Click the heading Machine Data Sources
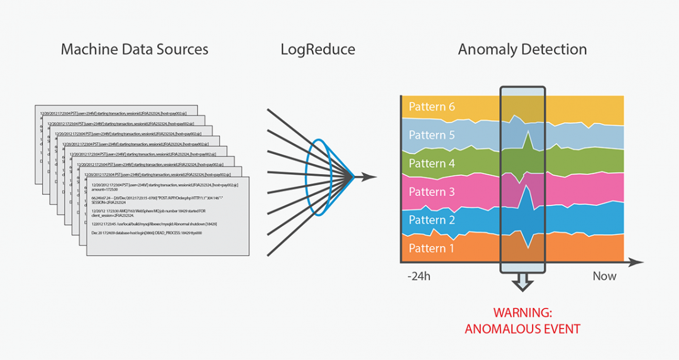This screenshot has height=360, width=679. tap(135, 49)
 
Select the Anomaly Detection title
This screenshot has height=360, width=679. tap(522, 49)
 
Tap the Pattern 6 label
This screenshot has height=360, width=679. tap(431, 107)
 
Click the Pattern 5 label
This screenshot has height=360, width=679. tap(431, 135)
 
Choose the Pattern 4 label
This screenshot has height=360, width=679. tap(431, 163)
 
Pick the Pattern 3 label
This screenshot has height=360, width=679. tap(431, 192)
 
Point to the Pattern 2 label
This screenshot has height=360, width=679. tap(431, 220)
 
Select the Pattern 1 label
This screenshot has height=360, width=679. tap(431, 248)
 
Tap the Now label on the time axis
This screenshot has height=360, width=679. tap(604, 276)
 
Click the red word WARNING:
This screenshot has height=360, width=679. tap(522, 312)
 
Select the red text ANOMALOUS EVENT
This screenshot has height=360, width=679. tap(522, 328)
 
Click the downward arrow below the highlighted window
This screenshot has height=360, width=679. tap(522, 283)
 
